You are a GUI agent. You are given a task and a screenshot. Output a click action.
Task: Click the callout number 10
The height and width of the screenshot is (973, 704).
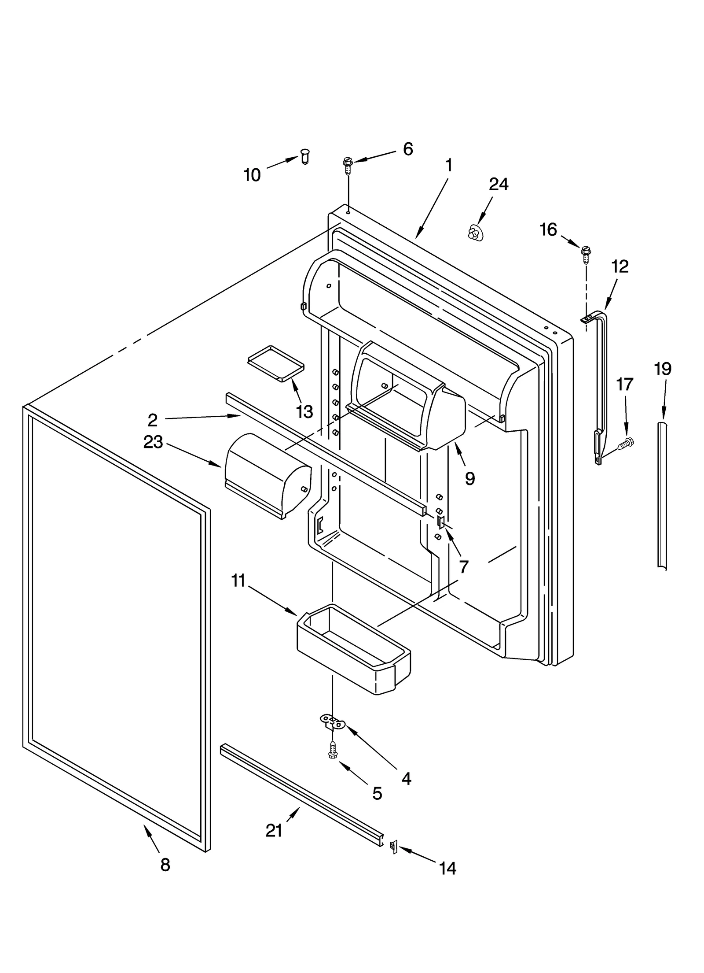click(252, 175)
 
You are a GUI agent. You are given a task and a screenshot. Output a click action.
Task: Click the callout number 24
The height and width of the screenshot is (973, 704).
click(499, 184)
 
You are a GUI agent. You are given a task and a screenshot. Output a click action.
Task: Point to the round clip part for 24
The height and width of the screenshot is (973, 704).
click(474, 232)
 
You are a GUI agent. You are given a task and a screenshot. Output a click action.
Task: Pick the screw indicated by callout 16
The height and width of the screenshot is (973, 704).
click(586, 252)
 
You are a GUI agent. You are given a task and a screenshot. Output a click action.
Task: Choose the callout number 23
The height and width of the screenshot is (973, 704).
click(153, 442)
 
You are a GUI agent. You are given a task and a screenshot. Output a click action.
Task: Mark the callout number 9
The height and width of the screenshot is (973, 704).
click(470, 478)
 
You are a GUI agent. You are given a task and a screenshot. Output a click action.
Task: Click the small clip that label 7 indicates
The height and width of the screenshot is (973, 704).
click(440, 522)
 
